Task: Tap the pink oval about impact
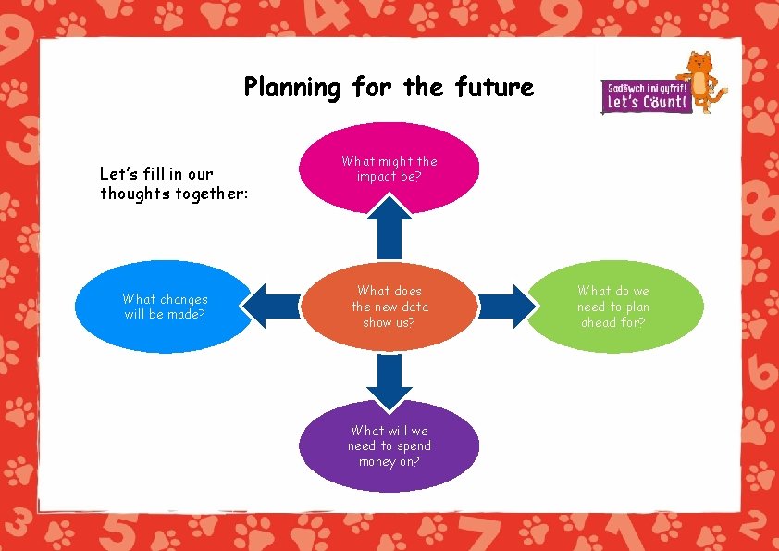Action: point(389,168)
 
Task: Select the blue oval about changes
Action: point(165,307)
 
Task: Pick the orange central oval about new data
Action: point(389,307)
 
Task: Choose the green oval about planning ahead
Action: point(612,307)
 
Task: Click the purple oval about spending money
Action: point(389,445)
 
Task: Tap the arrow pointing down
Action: point(389,380)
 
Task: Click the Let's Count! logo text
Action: point(647,101)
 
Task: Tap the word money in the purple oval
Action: point(378,461)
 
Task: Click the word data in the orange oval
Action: point(414,307)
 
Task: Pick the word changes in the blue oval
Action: point(183,299)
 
